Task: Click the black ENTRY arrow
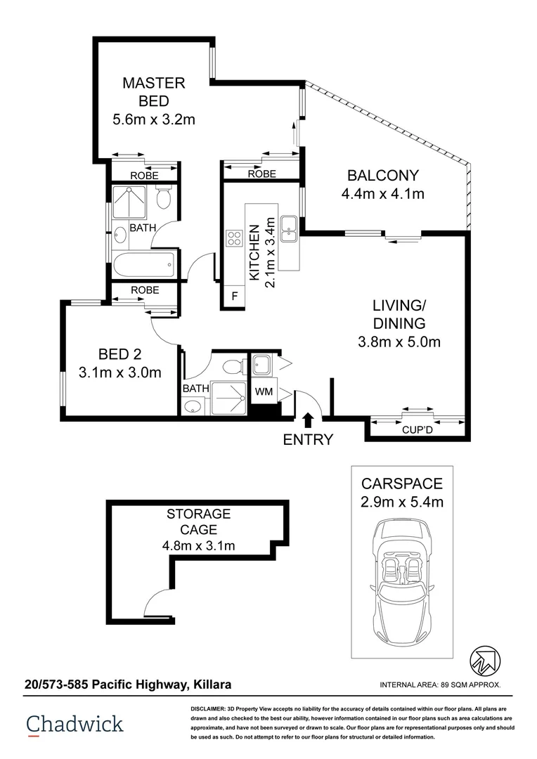tap(308, 420)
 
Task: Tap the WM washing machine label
tap(264, 391)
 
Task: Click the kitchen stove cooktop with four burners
tap(234, 238)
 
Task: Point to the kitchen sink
tap(288, 226)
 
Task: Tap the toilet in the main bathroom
tap(164, 198)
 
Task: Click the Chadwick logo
tap(75, 725)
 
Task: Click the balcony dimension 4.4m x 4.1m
tap(382, 194)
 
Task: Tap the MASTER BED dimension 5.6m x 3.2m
tap(153, 119)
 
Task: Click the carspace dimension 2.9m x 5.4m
tap(402, 502)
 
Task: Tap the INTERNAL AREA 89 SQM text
tap(439, 685)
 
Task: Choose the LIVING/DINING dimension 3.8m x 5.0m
tap(399, 343)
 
